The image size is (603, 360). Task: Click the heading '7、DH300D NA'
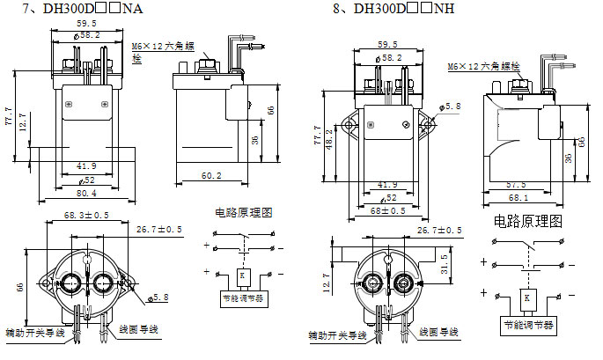[78, 10]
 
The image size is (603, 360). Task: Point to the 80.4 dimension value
[85, 193]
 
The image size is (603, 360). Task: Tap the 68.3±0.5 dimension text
[85, 216]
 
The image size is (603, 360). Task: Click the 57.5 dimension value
[516, 185]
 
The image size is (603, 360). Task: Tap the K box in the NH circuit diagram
[526, 298]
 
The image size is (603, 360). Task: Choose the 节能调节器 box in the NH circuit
[526, 324]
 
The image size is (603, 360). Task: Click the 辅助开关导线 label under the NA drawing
[34, 334]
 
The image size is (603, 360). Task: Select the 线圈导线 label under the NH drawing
[439, 332]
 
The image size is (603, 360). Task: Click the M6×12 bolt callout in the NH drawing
[484, 66]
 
